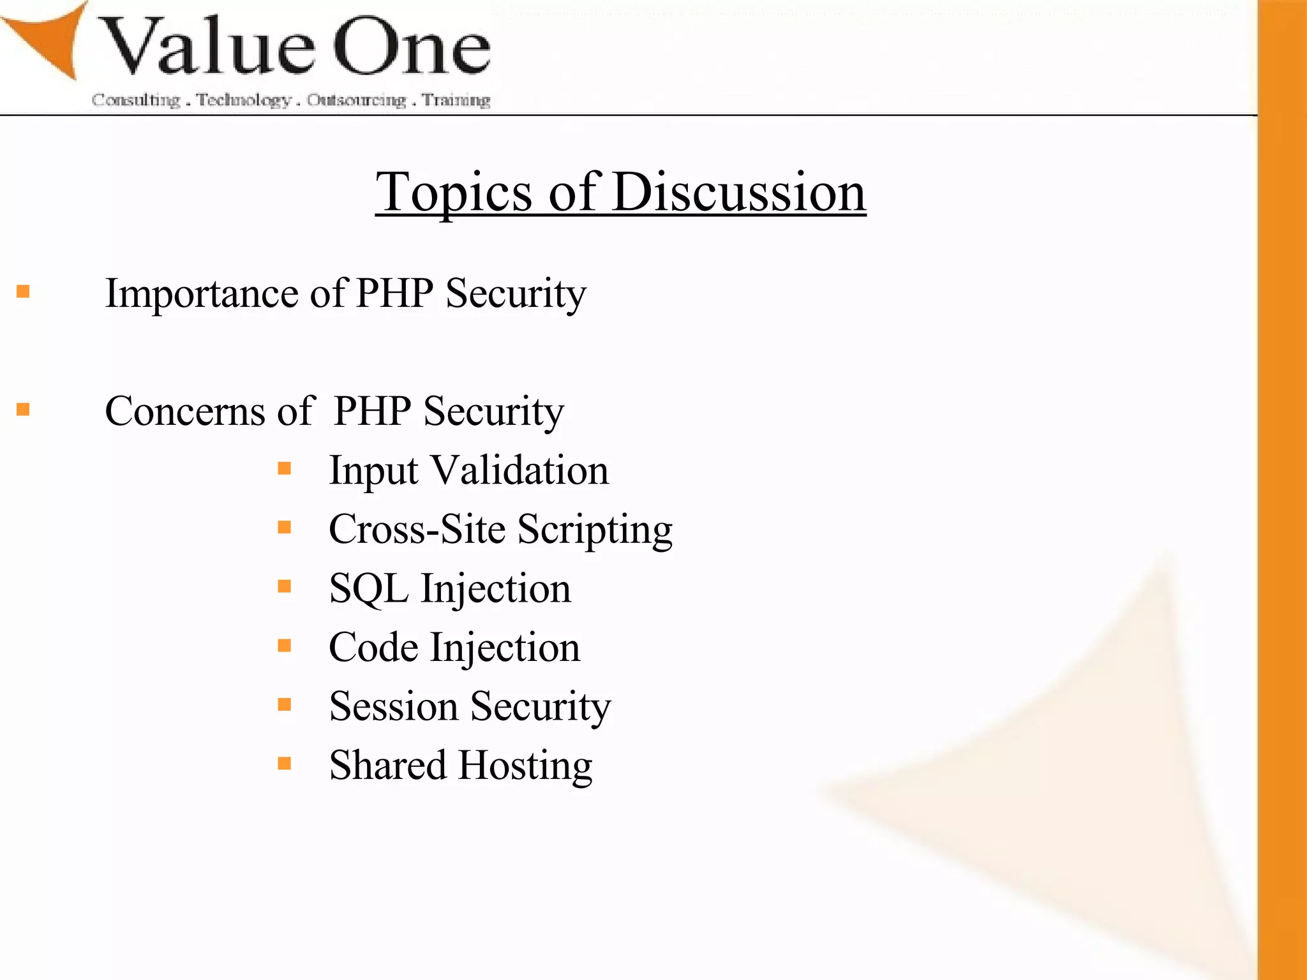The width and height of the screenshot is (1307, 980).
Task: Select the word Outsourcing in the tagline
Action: coord(356,100)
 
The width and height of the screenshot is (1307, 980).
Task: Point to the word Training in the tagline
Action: coord(456,100)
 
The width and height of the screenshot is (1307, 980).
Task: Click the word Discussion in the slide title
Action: coord(738,192)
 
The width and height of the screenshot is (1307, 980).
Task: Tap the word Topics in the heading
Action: coord(453,192)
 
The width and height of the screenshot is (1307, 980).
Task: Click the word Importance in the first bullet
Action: coord(202,293)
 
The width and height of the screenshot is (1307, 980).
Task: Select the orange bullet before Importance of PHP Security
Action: coord(24,292)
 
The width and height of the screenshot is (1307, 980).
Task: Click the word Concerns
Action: coord(184,411)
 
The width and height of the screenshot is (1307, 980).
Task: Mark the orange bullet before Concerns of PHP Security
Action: coord(24,409)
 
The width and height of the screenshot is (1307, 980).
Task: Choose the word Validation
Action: coord(520,470)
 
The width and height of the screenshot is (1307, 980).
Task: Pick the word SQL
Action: coord(368,588)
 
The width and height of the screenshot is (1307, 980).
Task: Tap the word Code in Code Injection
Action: coord(373,647)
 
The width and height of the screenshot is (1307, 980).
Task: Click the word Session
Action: coord(393,706)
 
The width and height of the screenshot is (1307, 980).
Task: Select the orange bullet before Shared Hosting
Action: coord(285,763)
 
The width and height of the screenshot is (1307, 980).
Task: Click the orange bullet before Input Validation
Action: coord(285,469)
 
